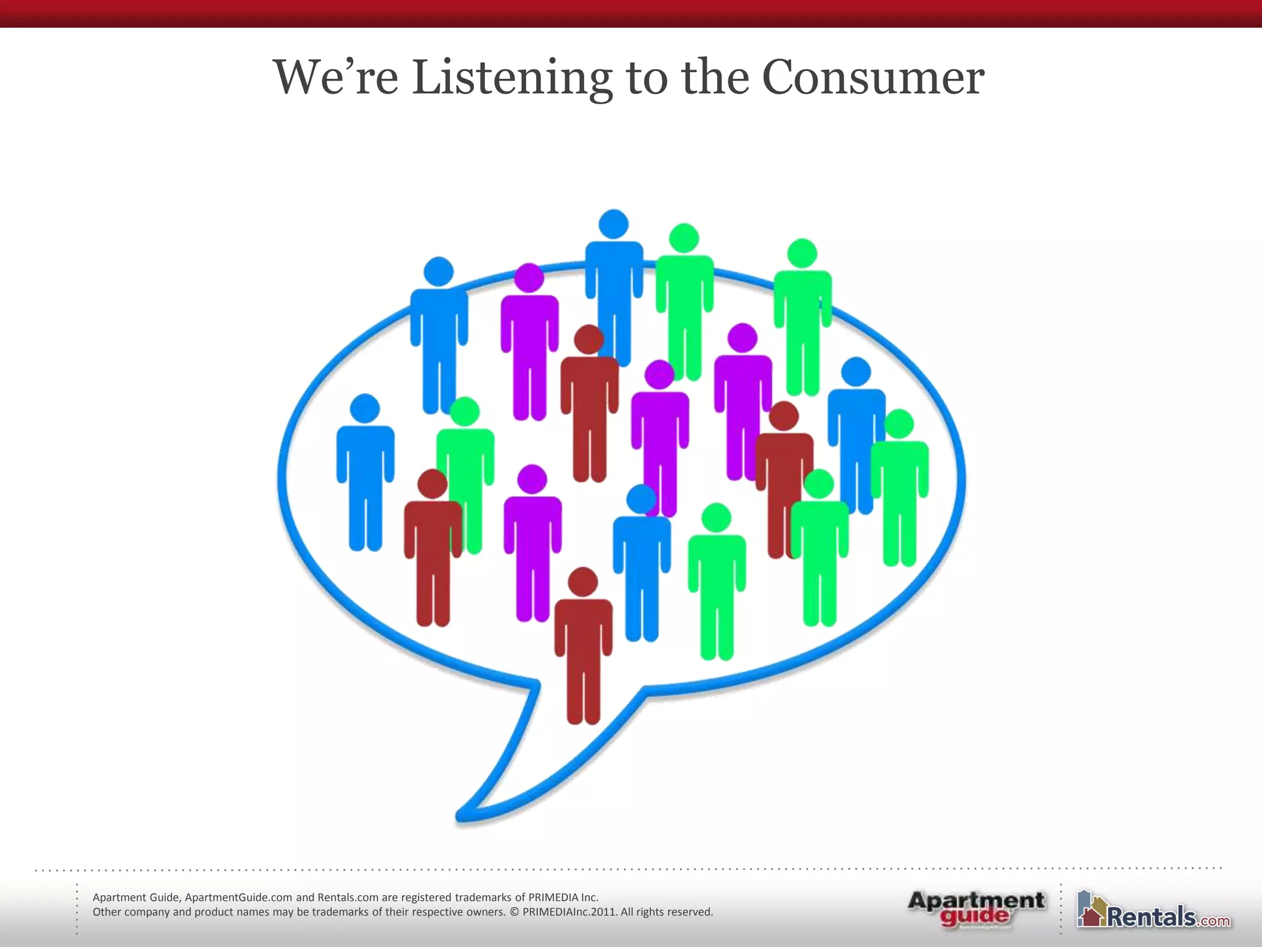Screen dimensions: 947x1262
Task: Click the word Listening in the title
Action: [x=511, y=78]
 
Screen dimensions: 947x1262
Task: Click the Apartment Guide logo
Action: [x=975, y=908]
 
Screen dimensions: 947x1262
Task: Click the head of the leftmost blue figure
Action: [x=365, y=409]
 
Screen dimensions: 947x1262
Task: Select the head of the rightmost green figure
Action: [x=899, y=424]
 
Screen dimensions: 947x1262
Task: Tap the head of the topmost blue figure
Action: [x=614, y=224]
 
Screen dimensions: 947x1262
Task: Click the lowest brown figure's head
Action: [x=582, y=582]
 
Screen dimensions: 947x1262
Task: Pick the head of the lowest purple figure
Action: [x=532, y=480]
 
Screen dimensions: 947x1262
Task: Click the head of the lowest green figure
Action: [x=716, y=518]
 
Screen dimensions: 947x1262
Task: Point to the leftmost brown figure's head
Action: [x=433, y=484]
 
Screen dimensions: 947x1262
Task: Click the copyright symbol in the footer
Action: [x=515, y=912]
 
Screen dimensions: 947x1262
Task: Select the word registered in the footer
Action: [x=426, y=898]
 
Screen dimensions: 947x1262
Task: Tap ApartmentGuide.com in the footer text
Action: [x=238, y=898]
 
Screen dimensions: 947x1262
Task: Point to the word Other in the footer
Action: [x=107, y=912]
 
